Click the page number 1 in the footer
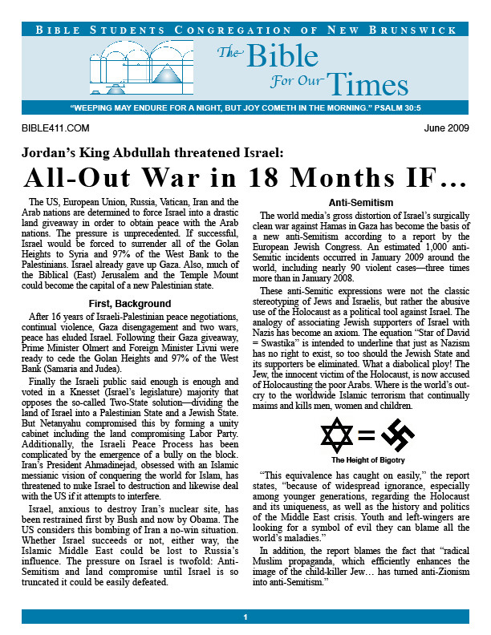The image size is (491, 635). tap(245, 617)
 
